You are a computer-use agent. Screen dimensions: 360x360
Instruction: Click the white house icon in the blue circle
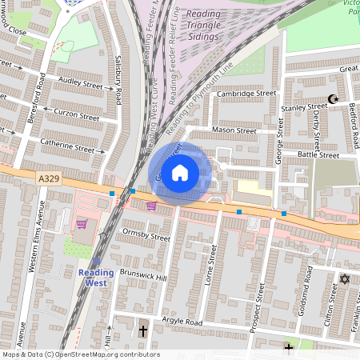pyautogui.click(x=180, y=172)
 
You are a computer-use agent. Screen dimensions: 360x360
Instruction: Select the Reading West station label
pyautogui.click(x=96, y=278)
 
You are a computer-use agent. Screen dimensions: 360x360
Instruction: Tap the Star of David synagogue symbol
pyautogui.click(x=345, y=279)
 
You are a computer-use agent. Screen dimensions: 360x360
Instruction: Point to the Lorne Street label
pyautogui.click(x=213, y=264)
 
